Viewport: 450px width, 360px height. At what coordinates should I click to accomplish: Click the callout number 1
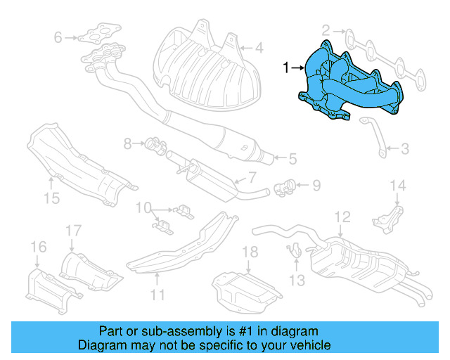click(286, 68)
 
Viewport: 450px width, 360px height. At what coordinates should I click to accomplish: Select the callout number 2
click(326, 30)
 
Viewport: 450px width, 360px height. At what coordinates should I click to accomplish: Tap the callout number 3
click(405, 149)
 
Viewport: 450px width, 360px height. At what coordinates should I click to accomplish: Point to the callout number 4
click(259, 49)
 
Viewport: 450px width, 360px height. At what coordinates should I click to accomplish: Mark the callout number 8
click(128, 144)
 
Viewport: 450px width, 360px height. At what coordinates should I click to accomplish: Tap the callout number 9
click(316, 186)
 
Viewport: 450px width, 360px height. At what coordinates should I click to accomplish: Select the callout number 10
click(143, 207)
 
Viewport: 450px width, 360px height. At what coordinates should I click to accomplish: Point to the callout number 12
click(342, 216)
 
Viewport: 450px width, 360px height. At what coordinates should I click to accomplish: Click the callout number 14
click(399, 186)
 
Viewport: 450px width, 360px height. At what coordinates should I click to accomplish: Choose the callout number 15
click(52, 198)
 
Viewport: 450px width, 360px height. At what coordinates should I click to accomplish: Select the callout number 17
click(73, 230)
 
